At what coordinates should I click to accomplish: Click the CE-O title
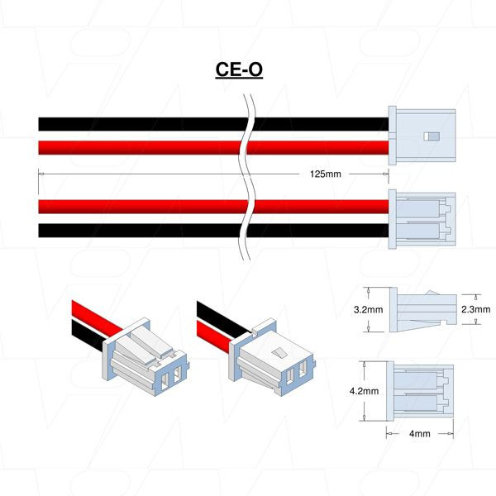tap(239, 69)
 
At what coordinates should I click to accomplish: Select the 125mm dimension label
tap(326, 174)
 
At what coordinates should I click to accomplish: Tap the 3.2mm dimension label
tap(368, 309)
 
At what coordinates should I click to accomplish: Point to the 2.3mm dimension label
tap(476, 309)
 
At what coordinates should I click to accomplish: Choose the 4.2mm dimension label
tap(364, 391)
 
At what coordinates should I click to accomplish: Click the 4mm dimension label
tap(420, 433)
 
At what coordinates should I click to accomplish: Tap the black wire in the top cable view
tap(213, 124)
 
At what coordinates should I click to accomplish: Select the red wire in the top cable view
tap(213, 148)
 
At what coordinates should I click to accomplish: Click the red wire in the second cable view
tap(213, 207)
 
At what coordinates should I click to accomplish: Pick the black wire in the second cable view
tap(213, 231)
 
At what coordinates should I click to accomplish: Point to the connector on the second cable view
tap(422, 219)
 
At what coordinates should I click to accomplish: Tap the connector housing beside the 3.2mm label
tap(423, 310)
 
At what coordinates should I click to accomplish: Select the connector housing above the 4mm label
tap(420, 391)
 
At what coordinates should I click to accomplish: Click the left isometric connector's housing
tap(145, 357)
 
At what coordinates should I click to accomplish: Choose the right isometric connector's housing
tap(272, 357)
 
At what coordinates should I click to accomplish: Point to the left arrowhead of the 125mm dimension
tap(41, 174)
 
